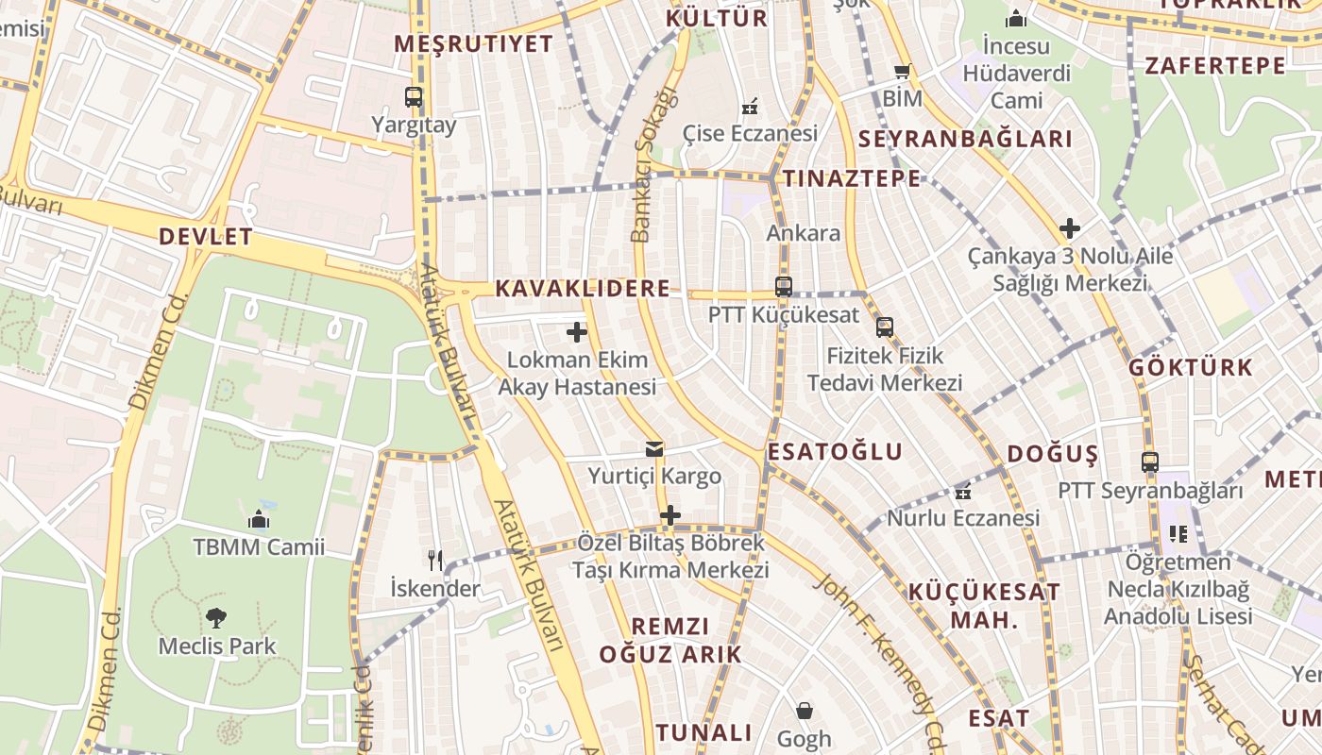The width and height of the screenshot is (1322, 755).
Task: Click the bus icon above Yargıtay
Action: tap(414, 96)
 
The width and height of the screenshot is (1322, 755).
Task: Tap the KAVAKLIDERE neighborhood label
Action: tap(583, 289)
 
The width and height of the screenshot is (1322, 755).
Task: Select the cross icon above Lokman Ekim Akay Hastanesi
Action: tap(577, 332)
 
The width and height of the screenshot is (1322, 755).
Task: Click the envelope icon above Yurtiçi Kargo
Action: tap(654, 449)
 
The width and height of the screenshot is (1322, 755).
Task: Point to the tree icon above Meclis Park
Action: tap(216, 618)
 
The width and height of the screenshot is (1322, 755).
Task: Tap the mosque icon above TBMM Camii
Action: tap(259, 519)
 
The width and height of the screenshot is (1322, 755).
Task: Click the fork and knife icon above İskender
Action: tap(435, 561)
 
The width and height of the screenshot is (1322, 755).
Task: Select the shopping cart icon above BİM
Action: tap(903, 72)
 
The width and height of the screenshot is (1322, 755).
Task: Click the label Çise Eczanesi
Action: tap(750, 133)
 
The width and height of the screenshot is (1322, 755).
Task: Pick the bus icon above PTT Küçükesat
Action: tap(784, 286)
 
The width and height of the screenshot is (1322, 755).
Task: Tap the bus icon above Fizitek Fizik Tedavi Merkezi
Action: tap(885, 327)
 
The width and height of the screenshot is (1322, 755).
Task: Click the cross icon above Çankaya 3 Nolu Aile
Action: tap(1070, 228)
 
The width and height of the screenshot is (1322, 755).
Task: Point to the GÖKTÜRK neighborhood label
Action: tap(1192, 368)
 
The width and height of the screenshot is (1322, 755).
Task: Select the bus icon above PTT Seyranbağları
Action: tap(1150, 462)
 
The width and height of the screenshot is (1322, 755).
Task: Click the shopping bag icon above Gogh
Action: tap(805, 710)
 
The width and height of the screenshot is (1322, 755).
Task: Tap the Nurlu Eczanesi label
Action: tap(963, 518)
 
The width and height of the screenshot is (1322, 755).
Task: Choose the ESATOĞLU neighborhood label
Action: tap(835, 452)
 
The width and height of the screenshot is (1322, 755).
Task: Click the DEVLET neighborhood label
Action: tap(206, 237)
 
